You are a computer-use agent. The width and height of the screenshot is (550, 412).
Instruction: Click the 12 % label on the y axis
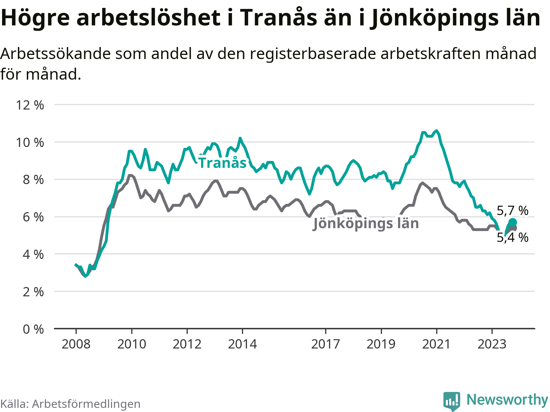click(x=30, y=105)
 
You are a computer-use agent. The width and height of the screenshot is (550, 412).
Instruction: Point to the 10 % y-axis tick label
click(x=30, y=142)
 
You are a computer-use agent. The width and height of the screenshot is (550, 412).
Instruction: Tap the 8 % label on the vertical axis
click(x=33, y=180)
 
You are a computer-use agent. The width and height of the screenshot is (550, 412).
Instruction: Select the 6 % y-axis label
click(x=33, y=217)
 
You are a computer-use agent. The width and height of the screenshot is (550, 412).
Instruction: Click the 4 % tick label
click(x=33, y=254)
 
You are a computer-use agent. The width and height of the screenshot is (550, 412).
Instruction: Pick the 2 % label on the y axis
click(x=33, y=292)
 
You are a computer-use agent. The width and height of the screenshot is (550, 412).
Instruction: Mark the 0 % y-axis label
click(x=33, y=329)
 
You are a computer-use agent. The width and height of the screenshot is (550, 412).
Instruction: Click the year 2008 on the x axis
click(x=76, y=344)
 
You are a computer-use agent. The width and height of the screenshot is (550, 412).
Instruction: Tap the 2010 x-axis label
click(x=132, y=344)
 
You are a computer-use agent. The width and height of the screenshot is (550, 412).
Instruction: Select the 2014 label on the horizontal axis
click(x=242, y=344)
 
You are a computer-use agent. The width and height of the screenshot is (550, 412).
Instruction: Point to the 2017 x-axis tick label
click(x=326, y=344)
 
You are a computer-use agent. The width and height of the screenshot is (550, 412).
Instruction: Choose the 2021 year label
click(x=436, y=344)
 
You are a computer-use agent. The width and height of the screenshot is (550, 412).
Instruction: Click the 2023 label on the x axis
click(x=492, y=344)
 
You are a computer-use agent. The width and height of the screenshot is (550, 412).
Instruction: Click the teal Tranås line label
click(x=222, y=163)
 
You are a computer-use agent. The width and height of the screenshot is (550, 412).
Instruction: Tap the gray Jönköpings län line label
click(x=366, y=224)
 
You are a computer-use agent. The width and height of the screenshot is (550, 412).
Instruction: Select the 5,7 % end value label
click(x=513, y=210)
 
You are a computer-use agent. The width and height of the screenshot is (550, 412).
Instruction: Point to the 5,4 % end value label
click(x=513, y=237)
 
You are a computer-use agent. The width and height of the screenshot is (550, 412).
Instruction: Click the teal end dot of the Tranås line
click(x=513, y=222)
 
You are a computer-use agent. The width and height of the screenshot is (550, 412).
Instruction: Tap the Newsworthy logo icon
click(x=451, y=401)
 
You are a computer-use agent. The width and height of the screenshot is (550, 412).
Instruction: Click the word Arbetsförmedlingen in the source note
click(x=86, y=404)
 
